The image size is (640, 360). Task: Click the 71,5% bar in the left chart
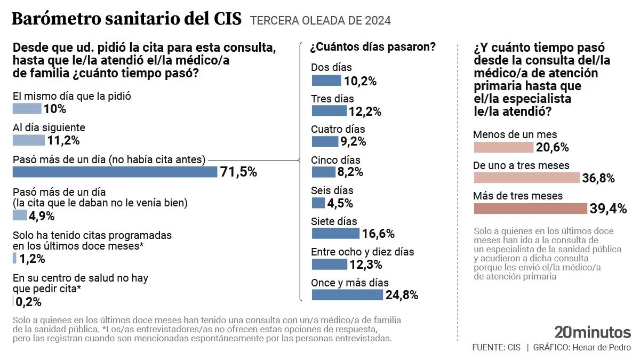click(x=115, y=172)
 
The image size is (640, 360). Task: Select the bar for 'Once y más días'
click(x=347, y=295)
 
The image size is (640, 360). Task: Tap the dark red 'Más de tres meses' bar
click(x=530, y=209)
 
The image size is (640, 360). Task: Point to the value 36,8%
click(x=598, y=178)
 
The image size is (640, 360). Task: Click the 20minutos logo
click(x=593, y=332)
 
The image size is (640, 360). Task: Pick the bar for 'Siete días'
click(x=335, y=234)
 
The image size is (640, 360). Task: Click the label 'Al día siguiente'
click(x=49, y=128)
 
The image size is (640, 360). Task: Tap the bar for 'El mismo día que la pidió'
click(x=27, y=109)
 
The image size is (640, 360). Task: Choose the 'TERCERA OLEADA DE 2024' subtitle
click(x=320, y=21)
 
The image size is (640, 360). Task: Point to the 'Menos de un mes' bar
click(x=503, y=147)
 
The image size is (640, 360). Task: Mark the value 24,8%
click(x=402, y=295)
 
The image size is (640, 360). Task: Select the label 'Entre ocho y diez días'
click(x=363, y=252)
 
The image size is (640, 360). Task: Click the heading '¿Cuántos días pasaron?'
click(x=373, y=47)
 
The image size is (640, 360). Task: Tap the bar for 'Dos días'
click(x=326, y=81)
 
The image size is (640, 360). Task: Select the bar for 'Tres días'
click(x=329, y=111)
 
